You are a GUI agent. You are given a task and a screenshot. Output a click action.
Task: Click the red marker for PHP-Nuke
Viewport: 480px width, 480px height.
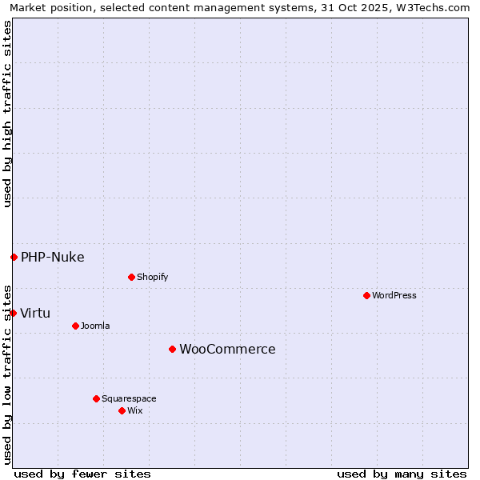[x=14, y=257]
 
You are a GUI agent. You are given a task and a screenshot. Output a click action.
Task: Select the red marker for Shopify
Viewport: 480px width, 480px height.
[x=131, y=277]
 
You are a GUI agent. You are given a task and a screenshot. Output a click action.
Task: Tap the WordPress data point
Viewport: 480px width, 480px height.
[x=366, y=295]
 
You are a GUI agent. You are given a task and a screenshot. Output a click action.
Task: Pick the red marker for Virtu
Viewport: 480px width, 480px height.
[x=13, y=313]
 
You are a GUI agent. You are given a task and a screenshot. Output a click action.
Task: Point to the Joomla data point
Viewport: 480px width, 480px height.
[x=75, y=326]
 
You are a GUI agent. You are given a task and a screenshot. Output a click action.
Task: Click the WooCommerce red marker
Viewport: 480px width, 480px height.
[x=172, y=349]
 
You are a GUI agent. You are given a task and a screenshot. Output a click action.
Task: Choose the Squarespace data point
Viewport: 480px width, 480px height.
[x=96, y=398]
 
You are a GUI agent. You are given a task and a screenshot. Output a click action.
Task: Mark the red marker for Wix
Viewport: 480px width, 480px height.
[x=122, y=410]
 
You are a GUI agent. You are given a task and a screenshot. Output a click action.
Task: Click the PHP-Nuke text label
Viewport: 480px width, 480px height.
[x=53, y=257]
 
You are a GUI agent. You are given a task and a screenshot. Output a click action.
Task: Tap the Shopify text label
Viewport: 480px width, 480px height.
[x=152, y=277]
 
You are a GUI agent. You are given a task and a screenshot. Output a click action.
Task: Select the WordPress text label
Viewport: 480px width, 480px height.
[x=394, y=295]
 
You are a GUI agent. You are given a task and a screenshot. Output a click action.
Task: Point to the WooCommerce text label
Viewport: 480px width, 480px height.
[x=227, y=349]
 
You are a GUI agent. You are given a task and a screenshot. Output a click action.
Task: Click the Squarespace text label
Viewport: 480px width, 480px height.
[x=129, y=398]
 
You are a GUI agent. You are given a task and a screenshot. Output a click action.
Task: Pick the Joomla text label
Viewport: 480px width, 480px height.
[x=95, y=326]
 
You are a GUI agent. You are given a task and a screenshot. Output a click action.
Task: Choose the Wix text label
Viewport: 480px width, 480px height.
[x=134, y=410]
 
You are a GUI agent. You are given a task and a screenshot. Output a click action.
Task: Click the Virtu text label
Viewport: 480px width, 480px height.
[x=35, y=313]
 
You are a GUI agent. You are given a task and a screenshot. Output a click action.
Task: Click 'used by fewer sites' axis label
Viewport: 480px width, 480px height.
[x=82, y=474]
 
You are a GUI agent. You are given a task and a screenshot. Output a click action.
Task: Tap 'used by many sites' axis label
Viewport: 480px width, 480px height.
[x=402, y=474]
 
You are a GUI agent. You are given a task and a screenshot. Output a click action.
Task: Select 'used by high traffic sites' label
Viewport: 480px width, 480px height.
[x=7, y=114]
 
